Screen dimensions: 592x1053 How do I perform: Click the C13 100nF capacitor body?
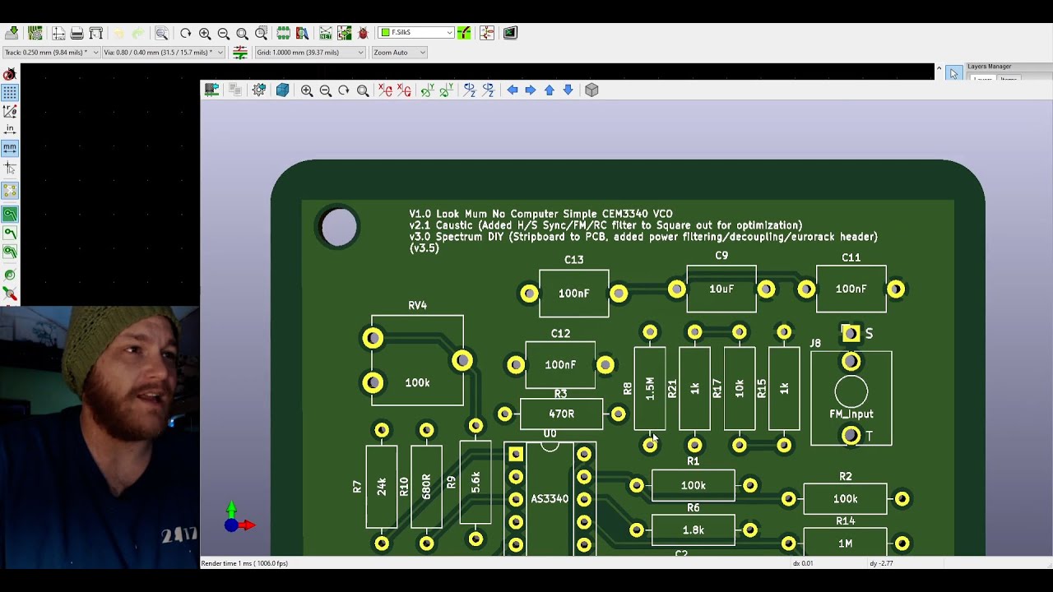click(573, 294)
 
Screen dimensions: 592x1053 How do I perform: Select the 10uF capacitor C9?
click(721, 289)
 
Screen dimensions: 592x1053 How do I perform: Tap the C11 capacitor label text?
click(851, 258)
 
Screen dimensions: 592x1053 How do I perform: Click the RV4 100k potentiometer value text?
click(417, 383)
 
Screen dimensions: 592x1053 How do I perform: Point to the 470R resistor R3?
click(561, 414)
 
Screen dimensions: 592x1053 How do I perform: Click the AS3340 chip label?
click(550, 499)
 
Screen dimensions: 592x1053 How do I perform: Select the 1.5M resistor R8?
click(650, 389)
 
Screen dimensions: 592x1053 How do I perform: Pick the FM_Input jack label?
click(851, 414)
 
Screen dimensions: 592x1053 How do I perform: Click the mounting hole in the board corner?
click(339, 228)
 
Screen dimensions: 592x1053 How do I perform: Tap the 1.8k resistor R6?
click(693, 530)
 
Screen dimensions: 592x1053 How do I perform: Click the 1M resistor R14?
click(845, 543)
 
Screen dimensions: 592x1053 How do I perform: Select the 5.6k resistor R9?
click(475, 483)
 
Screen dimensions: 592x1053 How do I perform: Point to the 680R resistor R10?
click(426, 486)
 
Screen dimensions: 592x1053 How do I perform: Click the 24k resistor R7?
click(382, 487)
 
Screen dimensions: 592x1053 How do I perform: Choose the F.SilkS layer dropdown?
click(416, 33)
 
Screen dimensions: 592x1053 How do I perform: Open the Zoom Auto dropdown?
click(399, 53)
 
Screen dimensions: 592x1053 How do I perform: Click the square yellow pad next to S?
click(851, 333)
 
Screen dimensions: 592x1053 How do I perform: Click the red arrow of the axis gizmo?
click(246, 525)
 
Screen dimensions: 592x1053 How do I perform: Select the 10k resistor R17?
click(739, 389)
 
